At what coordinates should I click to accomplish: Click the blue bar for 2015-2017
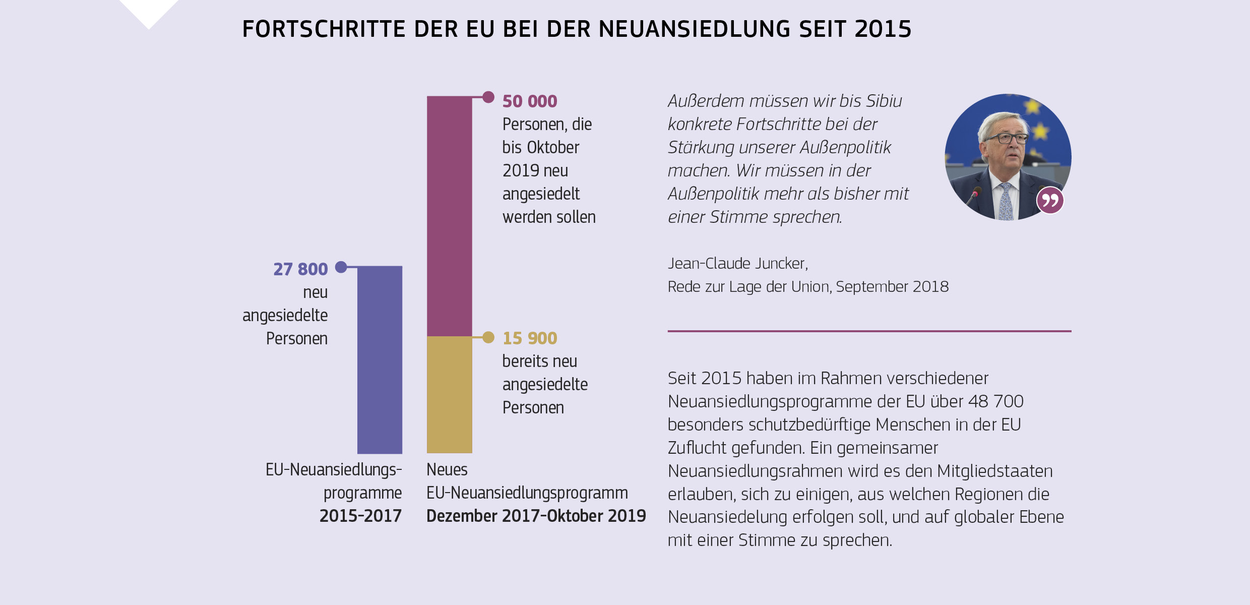coord(380,359)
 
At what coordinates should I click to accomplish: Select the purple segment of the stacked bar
coord(449,216)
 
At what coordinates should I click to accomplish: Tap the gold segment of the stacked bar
coord(449,394)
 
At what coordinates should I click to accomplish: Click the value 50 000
coord(530,101)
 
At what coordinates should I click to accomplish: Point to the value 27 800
coord(300,269)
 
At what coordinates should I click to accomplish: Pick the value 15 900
coord(530,338)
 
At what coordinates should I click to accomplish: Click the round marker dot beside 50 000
coord(488,97)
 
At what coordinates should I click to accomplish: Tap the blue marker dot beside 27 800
coord(341,267)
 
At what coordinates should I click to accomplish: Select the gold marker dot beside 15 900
coord(488,337)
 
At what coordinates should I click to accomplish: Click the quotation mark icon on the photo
coord(1050,201)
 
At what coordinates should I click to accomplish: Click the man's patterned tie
coord(1006,202)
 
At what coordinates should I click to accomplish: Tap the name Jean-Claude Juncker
coord(737,263)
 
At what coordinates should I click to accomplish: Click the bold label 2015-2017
coord(360,516)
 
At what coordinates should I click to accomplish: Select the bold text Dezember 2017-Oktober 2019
coord(536,516)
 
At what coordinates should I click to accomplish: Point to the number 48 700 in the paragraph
coord(995,401)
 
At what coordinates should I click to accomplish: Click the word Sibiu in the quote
coord(884,101)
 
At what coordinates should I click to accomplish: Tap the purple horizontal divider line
coord(869,331)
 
